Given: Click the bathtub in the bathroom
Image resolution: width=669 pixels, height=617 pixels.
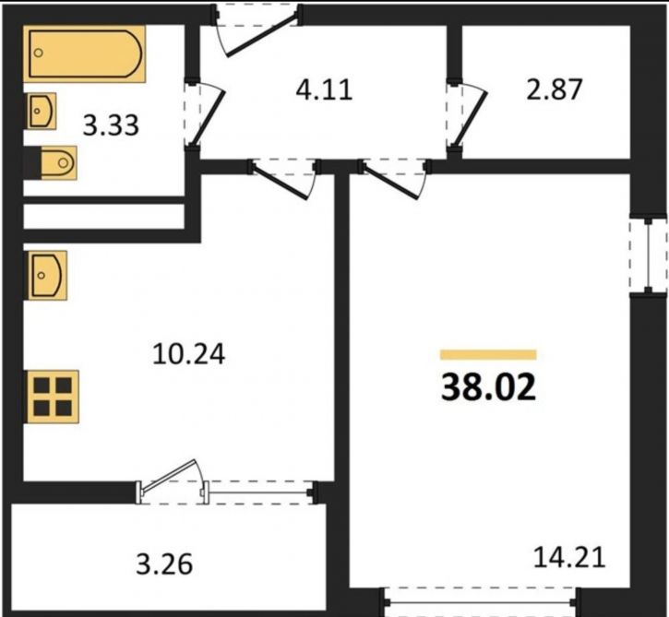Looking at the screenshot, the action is pyautogui.click(x=85, y=53).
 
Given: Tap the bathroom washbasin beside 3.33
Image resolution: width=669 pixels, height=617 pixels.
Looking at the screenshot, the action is pyautogui.click(x=42, y=111).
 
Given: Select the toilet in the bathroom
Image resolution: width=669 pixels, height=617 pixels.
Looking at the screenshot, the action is pyautogui.click(x=58, y=162).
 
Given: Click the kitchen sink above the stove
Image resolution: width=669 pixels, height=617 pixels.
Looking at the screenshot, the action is pyautogui.click(x=47, y=275).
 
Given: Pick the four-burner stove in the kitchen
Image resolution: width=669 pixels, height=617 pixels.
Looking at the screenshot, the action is pyautogui.click(x=53, y=397).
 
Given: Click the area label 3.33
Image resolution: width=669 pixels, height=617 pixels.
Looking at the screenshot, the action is pyautogui.click(x=111, y=125).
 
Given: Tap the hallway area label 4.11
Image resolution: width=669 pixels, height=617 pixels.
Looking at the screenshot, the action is pyautogui.click(x=325, y=90).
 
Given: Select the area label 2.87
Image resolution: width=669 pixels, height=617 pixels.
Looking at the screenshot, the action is pyautogui.click(x=555, y=89).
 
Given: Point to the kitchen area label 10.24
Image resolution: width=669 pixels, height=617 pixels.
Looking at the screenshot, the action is pyautogui.click(x=188, y=354).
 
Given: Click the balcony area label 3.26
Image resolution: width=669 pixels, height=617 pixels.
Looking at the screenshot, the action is pyautogui.click(x=164, y=564).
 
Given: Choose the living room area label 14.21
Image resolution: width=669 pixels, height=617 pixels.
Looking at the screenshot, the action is pyautogui.click(x=569, y=558).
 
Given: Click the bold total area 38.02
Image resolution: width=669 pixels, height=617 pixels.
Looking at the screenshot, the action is pyautogui.click(x=488, y=387).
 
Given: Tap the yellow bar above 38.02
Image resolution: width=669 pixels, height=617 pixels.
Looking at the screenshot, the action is pyautogui.click(x=488, y=355).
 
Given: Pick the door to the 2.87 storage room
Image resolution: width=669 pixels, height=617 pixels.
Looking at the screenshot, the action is pyautogui.click(x=471, y=117).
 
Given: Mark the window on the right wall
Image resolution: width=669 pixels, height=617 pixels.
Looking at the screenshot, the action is pyautogui.click(x=649, y=256).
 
